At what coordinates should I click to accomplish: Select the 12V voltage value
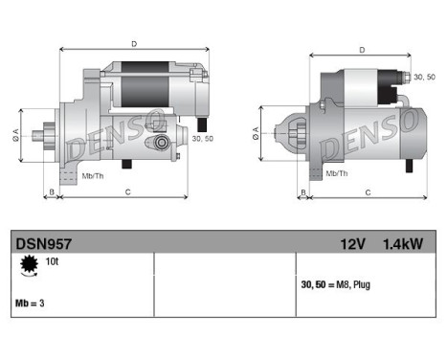(x=353, y=244)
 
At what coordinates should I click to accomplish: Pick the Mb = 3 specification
(x=32, y=303)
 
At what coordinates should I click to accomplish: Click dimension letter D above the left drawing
(x=133, y=43)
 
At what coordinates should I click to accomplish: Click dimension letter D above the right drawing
(x=362, y=50)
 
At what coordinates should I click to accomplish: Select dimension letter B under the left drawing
(x=51, y=191)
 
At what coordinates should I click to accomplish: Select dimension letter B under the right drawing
(x=303, y=192)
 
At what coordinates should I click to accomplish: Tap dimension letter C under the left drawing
(x=128, y=191)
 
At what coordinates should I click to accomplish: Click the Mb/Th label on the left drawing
(x=94, y=176)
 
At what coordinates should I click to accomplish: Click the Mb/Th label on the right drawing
(x=337, y=173)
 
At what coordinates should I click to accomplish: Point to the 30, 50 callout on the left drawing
(x=203, y=139)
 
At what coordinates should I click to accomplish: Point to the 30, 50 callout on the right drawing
(x=422, y=75)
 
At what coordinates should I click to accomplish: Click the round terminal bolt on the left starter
(x=161, y=143)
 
